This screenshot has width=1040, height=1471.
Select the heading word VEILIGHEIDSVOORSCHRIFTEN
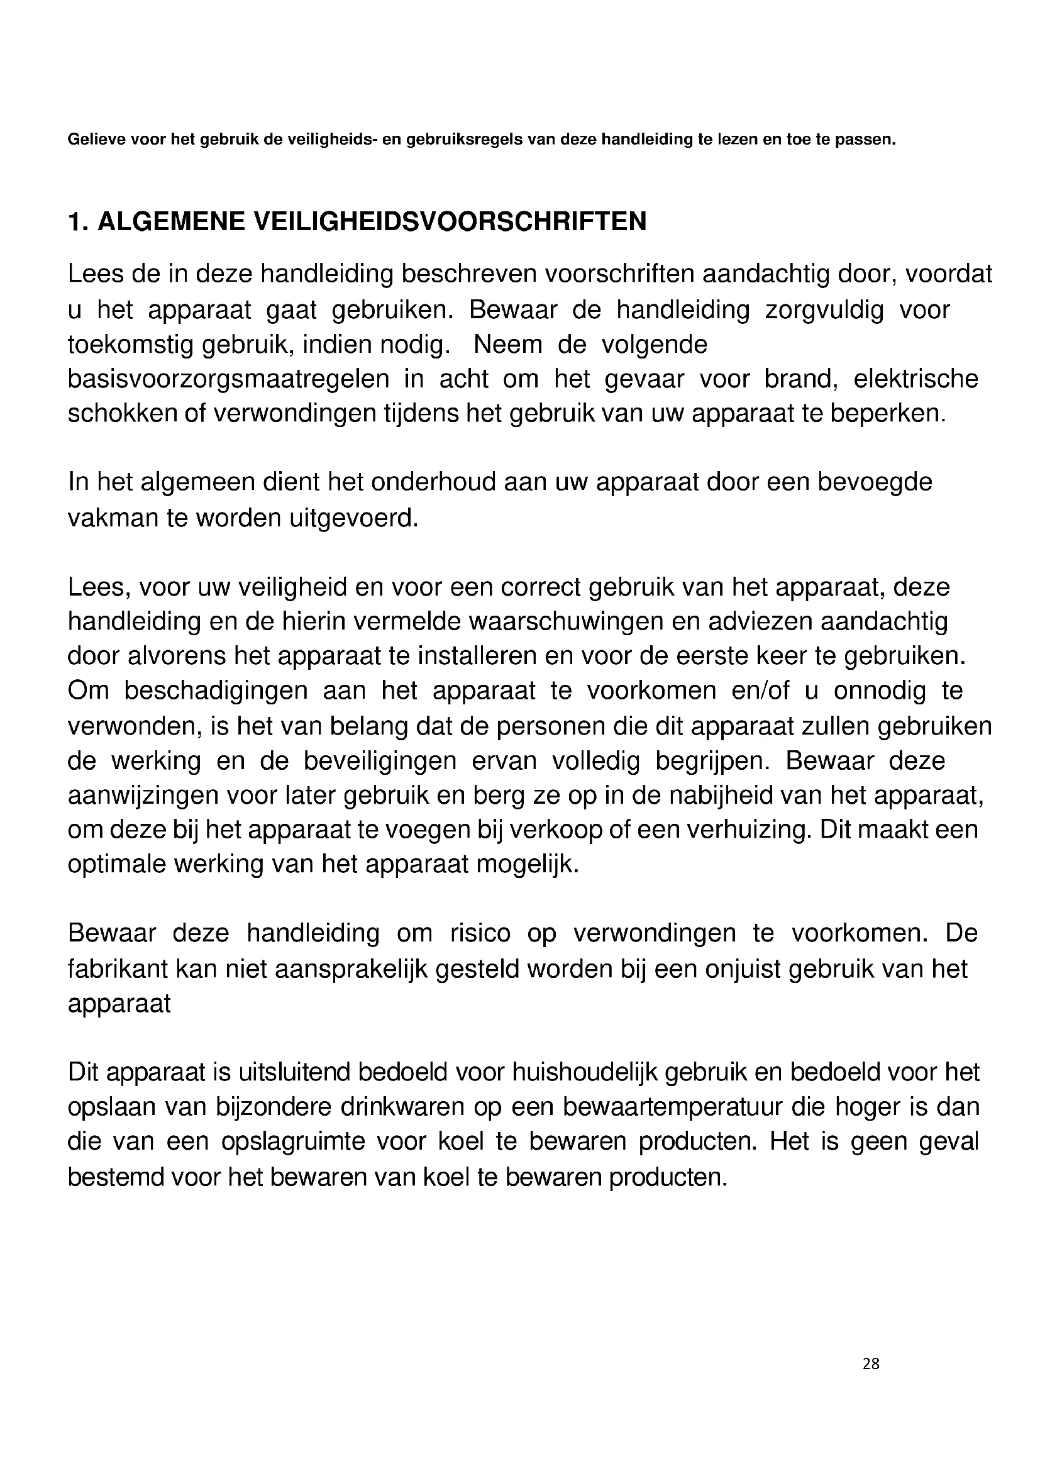(450, 221)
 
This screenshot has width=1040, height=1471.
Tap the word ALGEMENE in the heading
(171, 221)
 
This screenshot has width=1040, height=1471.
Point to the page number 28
(871, 1364)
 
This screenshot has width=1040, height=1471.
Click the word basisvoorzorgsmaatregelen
(229, 379)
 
